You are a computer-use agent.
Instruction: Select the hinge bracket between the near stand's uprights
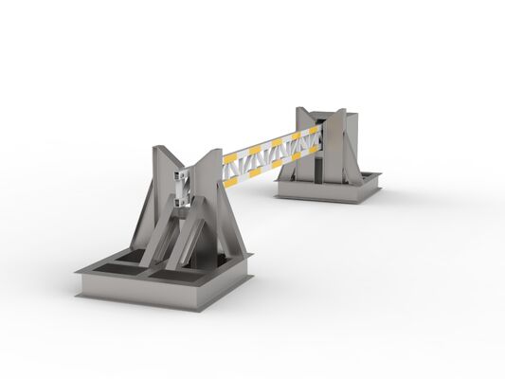tap(185, 186)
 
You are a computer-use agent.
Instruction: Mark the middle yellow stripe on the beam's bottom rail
tap(275, 160)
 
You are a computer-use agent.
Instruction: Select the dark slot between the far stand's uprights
tap(322, 152)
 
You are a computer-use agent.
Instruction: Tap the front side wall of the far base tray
tap(322, 194)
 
